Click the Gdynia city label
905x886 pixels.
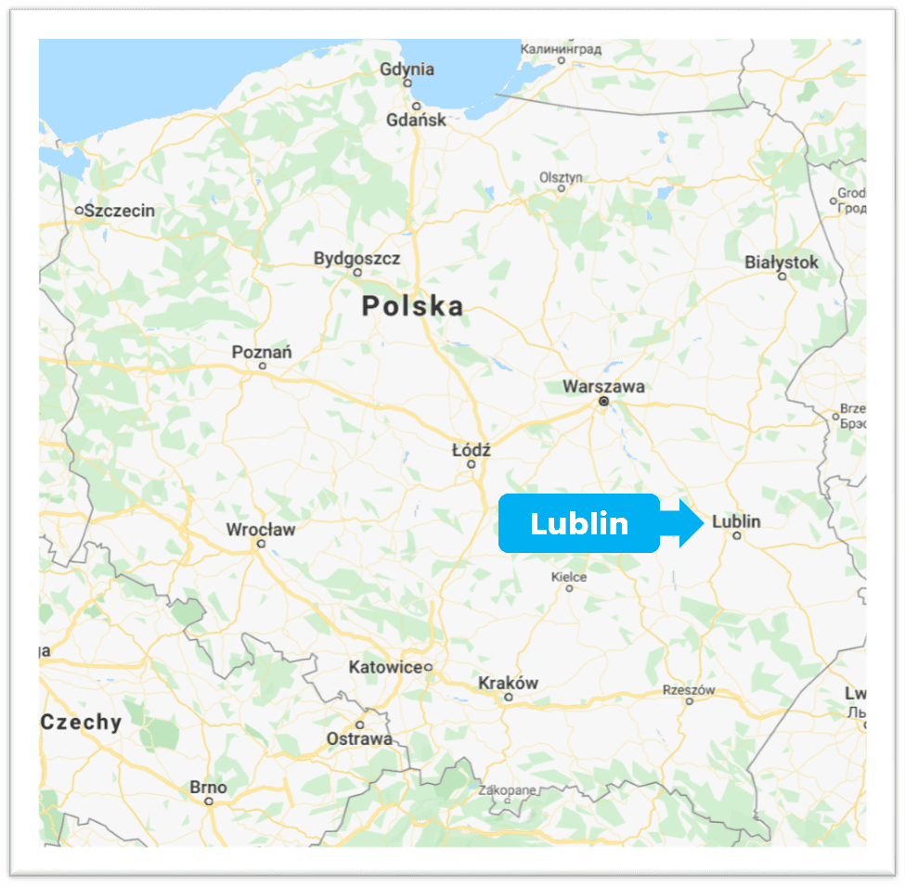pyautogui.click(x=407, y=69)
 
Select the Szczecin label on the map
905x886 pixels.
pyautogui.click(x=120, y=211)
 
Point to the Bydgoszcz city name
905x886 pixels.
pyautogui.click(x=356, y=258)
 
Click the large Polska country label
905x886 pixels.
pyautogui.click(x=412, y=306)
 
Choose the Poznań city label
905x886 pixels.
pyautogui.click(x=262, y=352)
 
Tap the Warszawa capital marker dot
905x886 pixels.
pyautogui.click(x=603, y=402)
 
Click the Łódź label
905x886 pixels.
pyautogui.click(x=471, y=450)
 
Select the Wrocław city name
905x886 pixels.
pyautogui.click(x=261, y=530)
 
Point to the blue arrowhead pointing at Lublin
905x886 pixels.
pyautogui.click(x=691, y=523)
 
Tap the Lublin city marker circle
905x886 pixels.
pyautogui.click(x=737, y=535)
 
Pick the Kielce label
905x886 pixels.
pyautogui.click(x=569, y=576)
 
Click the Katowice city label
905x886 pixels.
pyautogui.click(x=385, y=667)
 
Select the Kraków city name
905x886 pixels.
pyautogui.click(x=508, y=683)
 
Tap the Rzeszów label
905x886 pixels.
pyautogui.click(x=690, y=690)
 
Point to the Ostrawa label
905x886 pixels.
pyautogui.click(x=359, y=738)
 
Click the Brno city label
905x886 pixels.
pyautogui.click(x=208, y=788)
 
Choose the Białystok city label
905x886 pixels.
pyautogui.click(x=782, y=263)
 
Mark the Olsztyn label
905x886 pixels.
pyautogui.click(x=561, y=176)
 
